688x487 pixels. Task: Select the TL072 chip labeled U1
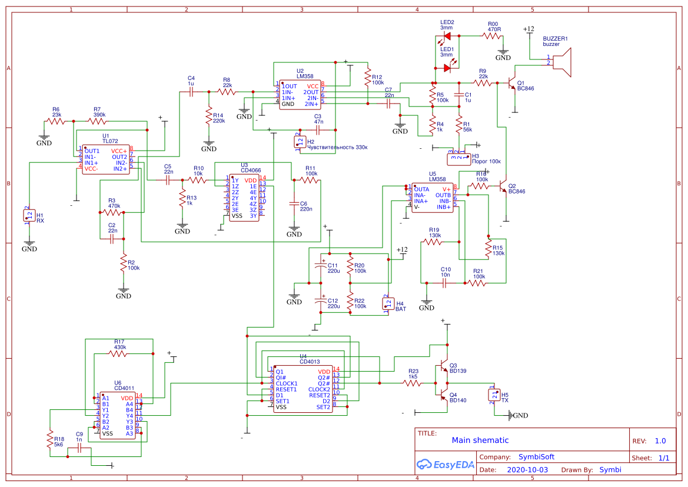106,160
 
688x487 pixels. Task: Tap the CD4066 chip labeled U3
244,198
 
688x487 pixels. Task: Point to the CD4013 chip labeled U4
303,389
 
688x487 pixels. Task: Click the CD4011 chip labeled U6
118,416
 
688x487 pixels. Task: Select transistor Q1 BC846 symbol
511,84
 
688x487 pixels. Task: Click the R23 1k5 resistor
413,383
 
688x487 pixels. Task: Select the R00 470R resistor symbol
492,36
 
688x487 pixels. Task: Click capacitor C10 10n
445,283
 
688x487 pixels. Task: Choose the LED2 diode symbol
447,36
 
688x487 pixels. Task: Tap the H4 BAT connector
388,303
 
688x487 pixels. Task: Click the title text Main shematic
480,440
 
